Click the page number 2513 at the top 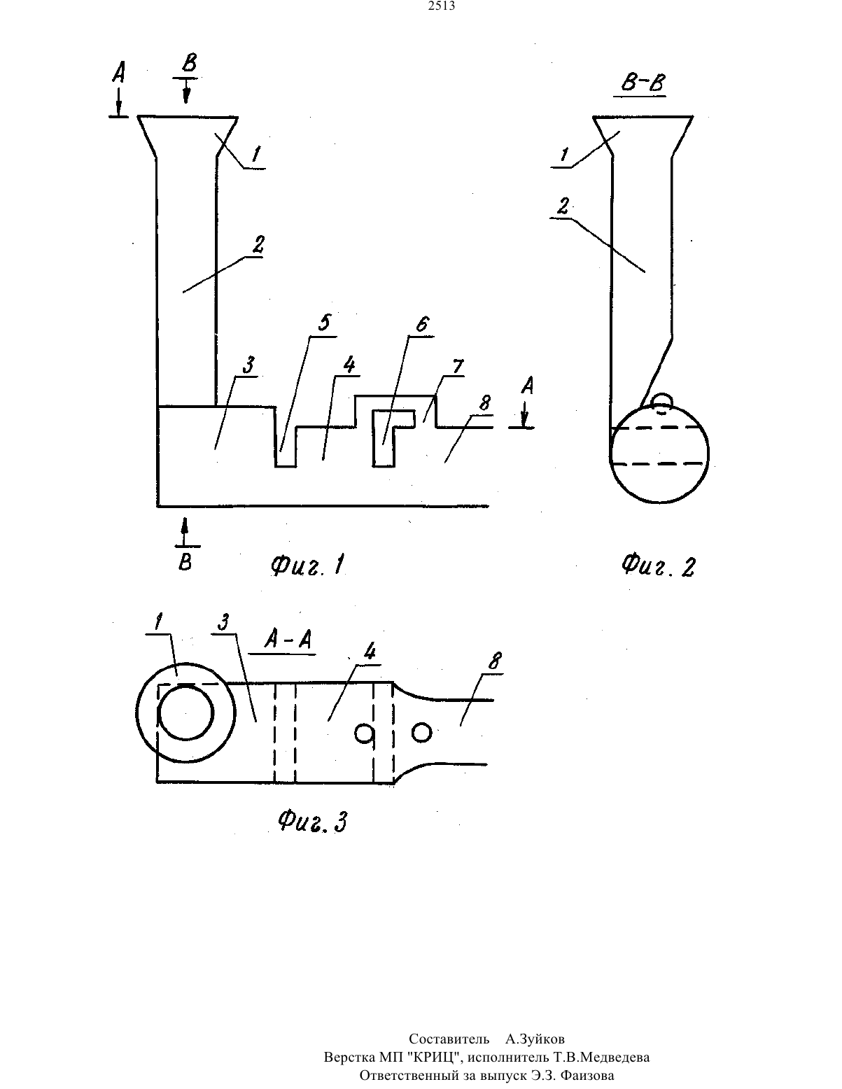point(442,6)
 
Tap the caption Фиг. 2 point(658,565)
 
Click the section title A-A point(288,640)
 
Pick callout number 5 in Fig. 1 point(325,322)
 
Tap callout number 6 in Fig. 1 point(423,325)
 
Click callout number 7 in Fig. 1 point(458,366)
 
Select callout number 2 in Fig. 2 point(563,206)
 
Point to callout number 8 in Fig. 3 point(495,661)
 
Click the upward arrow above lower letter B point(185,532)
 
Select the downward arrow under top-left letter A point(118,101)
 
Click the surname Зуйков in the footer point(535,1039)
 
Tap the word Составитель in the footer point(449,1039)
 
